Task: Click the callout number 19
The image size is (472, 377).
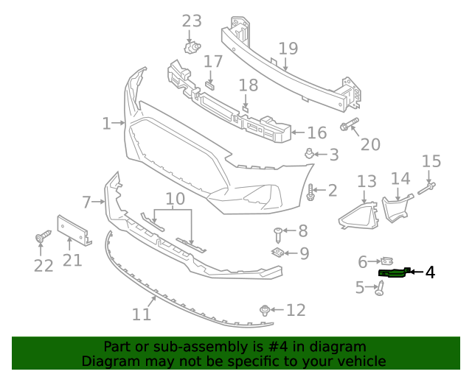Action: coord(288,49)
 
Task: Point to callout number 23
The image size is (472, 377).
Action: coord(192,21)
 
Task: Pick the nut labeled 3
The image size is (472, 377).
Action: coord(310,154)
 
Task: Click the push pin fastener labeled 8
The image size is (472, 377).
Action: coord(278,233)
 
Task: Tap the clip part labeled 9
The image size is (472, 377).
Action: coord(278,253)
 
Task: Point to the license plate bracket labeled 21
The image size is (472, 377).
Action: coord(74,230)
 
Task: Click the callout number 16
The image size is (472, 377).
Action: coord(316,133)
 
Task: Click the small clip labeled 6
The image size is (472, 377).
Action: coord(386,261)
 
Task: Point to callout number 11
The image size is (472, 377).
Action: coord(142,314)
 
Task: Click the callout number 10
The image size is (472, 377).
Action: coord(175,199)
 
